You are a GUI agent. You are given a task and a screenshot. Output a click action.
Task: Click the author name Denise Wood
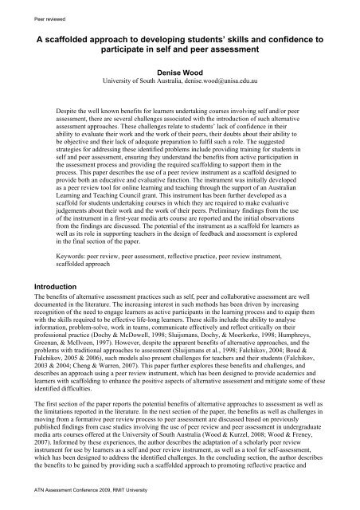(180, 70)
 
